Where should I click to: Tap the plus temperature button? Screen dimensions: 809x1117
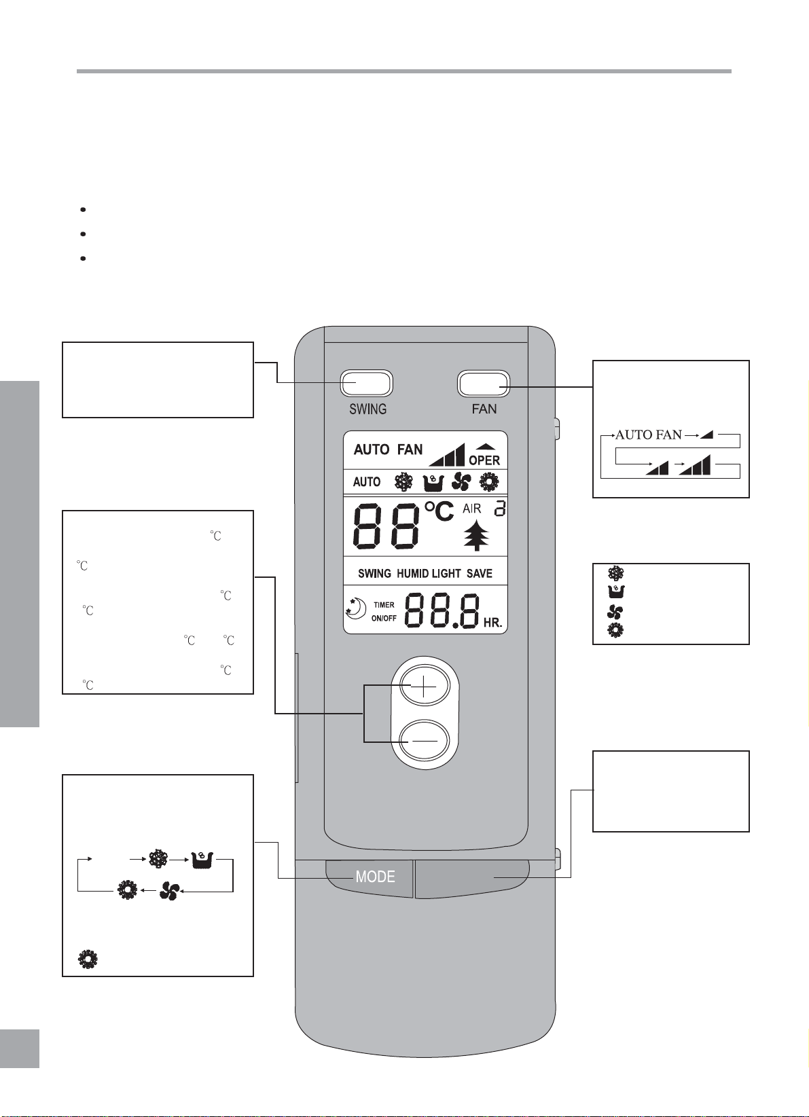tap(425, 686)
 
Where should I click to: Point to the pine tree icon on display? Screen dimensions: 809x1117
tap(476, 535)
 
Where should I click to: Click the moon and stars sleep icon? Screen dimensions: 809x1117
tap(356, 610)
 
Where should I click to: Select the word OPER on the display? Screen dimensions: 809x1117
tap(484, 460)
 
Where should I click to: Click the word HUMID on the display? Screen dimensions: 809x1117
tap(412, 574)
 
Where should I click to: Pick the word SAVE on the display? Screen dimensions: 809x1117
tap(480, 574)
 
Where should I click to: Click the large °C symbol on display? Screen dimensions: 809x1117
tap(439, 511)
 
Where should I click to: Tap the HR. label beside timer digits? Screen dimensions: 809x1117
tap(492, 623)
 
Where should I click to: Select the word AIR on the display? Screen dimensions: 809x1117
tap(472, 509)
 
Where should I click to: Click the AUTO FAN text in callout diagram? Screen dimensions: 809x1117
tap(649, 435)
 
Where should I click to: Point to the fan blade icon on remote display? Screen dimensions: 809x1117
tap(461, 481)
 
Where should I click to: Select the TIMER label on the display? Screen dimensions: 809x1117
tap(384, 605)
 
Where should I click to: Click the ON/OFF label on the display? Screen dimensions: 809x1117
tap(384, 619)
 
